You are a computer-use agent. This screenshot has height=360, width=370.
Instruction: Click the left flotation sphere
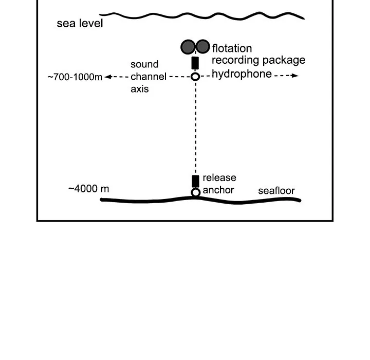point(188,47)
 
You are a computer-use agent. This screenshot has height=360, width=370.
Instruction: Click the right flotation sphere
point(203,47)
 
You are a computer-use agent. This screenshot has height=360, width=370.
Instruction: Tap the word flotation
point(232,49)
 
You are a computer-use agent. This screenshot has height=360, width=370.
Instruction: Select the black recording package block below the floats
point(195,63)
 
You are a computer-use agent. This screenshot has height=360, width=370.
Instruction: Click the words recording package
point(258,60)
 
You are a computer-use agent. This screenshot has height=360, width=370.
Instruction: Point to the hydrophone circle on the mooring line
point(195,77)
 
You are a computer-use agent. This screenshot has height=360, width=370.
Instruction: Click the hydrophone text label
point(242,74)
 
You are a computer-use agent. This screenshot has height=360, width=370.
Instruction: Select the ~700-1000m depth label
point(75,78)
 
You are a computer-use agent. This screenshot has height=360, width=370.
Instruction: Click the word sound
point(144,65)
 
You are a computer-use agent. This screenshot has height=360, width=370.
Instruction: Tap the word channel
point(149,77)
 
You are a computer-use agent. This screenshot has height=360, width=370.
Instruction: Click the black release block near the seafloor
point(195,181)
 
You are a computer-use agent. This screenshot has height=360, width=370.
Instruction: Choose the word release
point(219,178)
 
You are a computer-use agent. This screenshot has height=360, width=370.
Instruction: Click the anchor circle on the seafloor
point(195,192)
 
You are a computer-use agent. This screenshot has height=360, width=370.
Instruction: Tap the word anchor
point(218,190)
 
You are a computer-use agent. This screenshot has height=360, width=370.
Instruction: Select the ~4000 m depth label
point(88,189)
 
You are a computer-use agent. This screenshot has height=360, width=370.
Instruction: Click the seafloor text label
point(276,191)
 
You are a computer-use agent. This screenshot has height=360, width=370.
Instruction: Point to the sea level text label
point(80,24)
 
